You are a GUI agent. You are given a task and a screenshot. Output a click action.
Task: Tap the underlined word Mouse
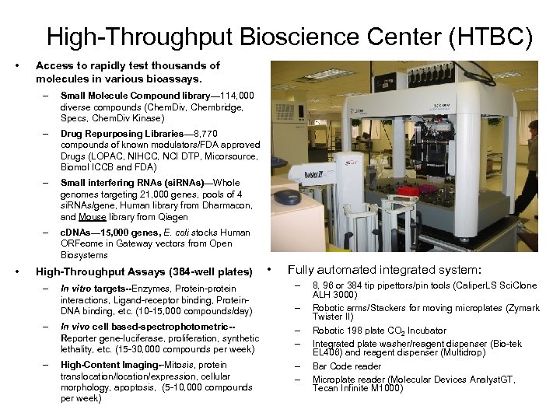tap(92, 217)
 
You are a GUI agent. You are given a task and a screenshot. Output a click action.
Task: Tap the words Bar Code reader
tap(347, 366)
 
